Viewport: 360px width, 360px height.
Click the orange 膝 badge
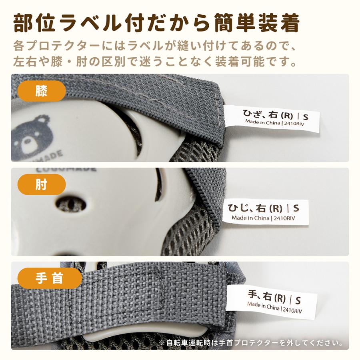(41, 91)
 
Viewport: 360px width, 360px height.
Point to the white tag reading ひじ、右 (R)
(266, 212)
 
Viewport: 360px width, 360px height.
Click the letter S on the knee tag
(306, 117)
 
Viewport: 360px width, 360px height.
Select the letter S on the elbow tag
(296, 208)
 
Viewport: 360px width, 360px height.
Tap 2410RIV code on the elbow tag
(285, 218)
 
